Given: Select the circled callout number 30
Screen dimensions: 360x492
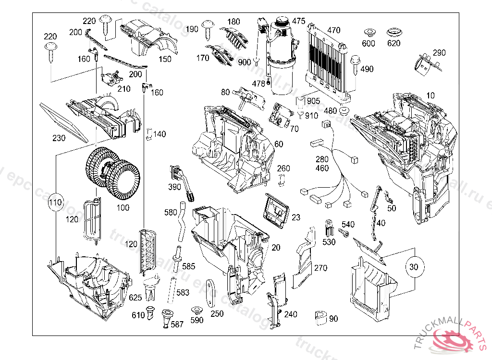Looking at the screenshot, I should tap(414, 266).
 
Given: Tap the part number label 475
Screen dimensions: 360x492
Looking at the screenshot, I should tap(298, 21).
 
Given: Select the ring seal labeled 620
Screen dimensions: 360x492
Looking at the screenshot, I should tap(394, 34).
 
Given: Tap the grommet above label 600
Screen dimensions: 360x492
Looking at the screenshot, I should tap(369, 33).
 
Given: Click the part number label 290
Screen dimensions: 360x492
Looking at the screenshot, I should tap(439, 53).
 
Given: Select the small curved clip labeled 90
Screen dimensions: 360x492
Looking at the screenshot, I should tap(319, 317).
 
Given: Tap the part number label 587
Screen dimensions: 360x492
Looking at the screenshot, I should tap(177, 324).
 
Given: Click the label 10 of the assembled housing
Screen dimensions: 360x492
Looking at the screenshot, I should tap(430, 96).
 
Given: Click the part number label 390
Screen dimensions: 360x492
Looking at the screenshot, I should tap(174, 187).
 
